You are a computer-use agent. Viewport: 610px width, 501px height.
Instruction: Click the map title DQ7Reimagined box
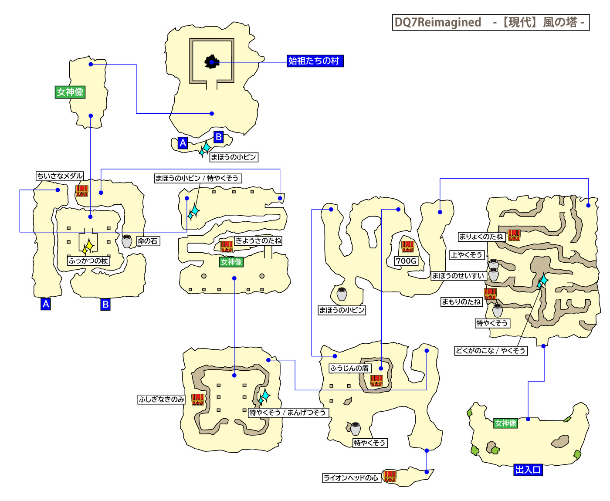pos(491,22)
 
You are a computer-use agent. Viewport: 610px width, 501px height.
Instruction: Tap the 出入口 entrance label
pos(528,470)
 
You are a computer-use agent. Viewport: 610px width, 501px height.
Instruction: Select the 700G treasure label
pos(406,261)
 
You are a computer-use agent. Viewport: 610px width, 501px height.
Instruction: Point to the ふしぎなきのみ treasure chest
pos(198,399)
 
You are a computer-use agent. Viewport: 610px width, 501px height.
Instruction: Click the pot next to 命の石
pos(127,241)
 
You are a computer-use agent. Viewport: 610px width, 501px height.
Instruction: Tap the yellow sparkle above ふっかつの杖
pos(88,247)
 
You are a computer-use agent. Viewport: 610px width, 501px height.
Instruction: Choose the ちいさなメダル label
pos(60,176)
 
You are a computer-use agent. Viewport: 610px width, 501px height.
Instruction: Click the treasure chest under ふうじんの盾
pos(376,381)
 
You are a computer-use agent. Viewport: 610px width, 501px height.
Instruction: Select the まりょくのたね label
pos(481,237)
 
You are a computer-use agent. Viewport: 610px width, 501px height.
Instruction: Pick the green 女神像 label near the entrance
pos(505,423)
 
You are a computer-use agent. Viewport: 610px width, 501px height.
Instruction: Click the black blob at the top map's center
pos(212,62)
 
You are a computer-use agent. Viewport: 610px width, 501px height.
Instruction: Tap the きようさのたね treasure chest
pos(226,246)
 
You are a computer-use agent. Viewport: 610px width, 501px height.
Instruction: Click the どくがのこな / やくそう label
pos(490,351)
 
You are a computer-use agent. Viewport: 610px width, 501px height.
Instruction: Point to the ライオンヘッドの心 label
pos(351,478)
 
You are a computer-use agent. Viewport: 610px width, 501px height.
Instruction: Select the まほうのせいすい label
pos(457,276)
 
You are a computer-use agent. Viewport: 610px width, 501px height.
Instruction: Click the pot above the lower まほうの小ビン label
pos(342,294)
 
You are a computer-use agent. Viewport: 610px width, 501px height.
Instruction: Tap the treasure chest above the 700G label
pos(407,247)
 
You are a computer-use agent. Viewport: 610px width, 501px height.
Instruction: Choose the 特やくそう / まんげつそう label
pos(287,413)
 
